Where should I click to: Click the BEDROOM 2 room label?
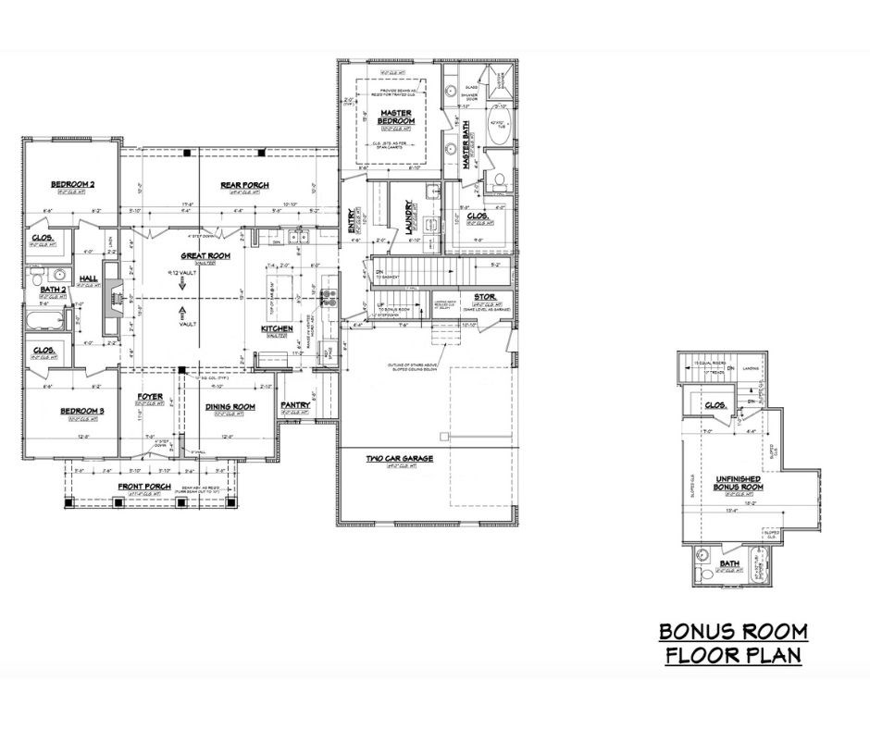(x=72, y=185)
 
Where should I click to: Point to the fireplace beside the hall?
(x=112, y=297)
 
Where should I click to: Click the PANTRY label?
(x=294, y=404)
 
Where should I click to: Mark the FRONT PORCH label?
(x=143, y=487)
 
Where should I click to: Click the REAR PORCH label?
(x=244, y=185)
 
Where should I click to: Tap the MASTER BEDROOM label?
(x=395, y=117)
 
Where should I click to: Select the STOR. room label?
(x=485, y=295)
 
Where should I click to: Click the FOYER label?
(x=150, y=397)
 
